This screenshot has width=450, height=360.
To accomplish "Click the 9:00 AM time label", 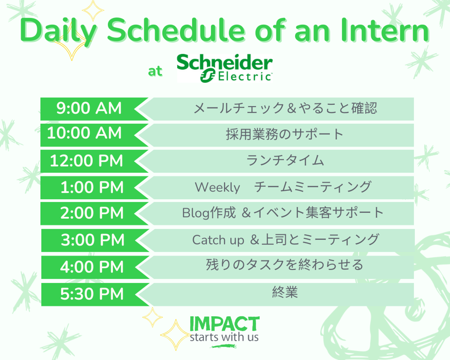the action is point(89,108).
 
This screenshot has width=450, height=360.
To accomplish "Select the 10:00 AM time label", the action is point(84,133).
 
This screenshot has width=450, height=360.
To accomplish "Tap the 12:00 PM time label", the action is point(86,161).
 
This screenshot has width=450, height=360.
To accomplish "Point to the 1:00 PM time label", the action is point(92,187).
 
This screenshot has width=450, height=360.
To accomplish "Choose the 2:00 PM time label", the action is point(92,213).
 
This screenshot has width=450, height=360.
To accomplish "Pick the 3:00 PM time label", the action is point(92,240).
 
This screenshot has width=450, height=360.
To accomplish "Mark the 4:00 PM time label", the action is point(92,267).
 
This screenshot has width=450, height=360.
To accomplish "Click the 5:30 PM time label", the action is point(92,294).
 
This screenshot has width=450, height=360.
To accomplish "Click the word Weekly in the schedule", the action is point(217,187).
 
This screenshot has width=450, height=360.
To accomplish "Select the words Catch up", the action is point(218,240).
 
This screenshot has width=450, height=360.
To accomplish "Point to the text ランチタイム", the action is point(285,161).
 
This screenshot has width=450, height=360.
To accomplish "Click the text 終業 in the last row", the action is point(285,292).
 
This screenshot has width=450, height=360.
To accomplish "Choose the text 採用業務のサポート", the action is point(285,134).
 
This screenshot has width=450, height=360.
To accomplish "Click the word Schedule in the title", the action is point(176,30).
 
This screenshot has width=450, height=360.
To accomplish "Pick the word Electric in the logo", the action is point(245,77).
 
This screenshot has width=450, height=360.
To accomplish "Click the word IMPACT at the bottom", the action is point(225,324).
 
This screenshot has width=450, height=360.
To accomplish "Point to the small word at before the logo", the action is point(155,71).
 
